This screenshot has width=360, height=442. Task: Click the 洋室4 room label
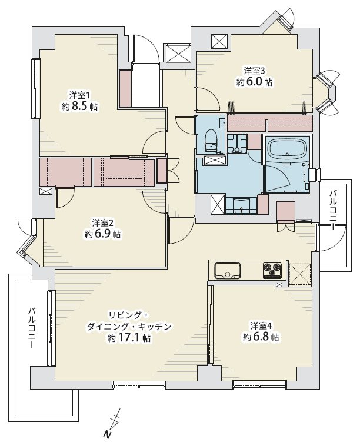[261, 326]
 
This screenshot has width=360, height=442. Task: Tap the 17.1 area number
[128, 338]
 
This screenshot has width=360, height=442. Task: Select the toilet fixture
[210, 142]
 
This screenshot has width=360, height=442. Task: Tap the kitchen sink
[227, 271]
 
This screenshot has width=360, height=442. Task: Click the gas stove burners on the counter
[272, 270]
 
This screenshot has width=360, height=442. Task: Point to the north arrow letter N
[106, 434]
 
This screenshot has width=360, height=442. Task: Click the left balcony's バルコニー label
[32, 328]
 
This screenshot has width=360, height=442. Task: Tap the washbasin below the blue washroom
[241, 205]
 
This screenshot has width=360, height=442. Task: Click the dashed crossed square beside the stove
[300, 275]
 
